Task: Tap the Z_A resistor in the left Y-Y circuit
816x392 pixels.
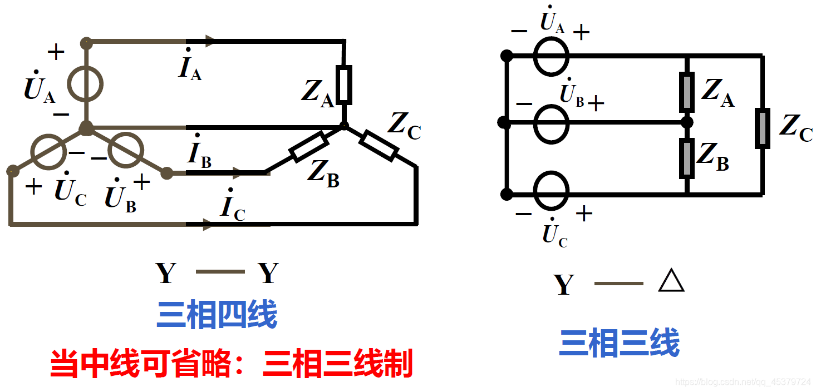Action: pos(343,85)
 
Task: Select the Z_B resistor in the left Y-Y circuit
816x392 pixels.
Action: pos(308,147)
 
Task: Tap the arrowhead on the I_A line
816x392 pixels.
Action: pos(209,41)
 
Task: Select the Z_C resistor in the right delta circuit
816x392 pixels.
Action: pos(762,128)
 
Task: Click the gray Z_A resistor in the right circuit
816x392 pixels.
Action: pos(687,92)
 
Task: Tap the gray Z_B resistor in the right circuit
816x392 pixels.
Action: pos(687,158)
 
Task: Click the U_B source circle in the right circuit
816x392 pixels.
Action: pos(551,123)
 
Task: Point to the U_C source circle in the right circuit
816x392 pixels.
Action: pos(551,191)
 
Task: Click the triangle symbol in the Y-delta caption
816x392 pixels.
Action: pos(671,282)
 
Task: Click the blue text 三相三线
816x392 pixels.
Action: pos(619,342)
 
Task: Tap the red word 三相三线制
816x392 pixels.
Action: pos(338,364)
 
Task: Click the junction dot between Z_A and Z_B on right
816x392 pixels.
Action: pos(687,122)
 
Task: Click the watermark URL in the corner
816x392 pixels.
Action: pos(743,382)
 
